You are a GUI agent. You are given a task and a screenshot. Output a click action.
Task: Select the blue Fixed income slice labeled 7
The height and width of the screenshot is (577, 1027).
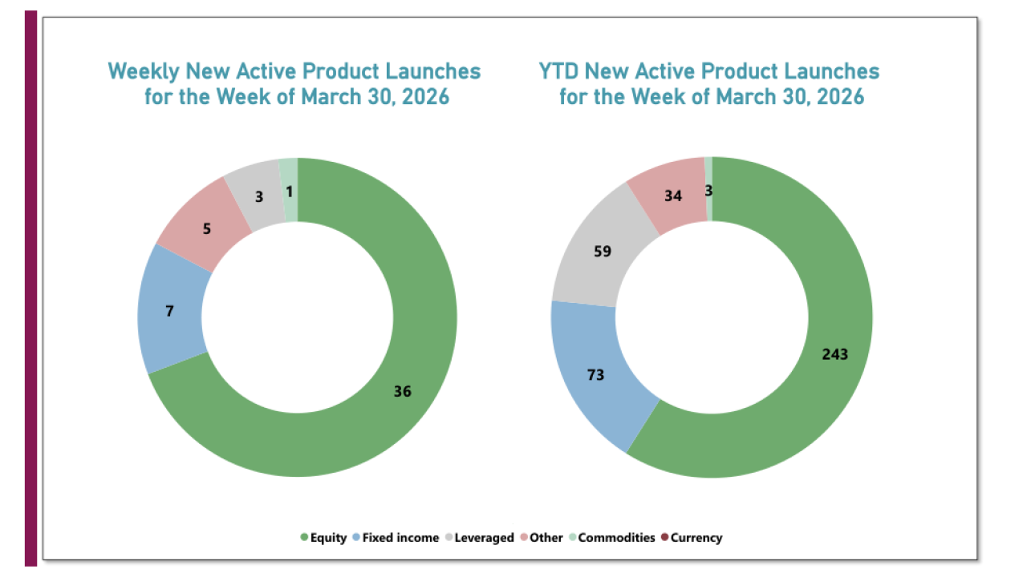[x=170, y=311]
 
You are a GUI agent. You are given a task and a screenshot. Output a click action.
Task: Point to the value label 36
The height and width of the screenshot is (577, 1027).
[x=403, y=391]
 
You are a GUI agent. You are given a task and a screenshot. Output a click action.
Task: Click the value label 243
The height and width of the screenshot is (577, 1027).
[x=834, y=354]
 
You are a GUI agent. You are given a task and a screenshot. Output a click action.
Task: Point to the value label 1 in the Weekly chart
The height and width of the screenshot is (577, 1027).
[x=289, y=191]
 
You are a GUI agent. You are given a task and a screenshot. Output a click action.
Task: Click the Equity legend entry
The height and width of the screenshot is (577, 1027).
[x=323, y=538]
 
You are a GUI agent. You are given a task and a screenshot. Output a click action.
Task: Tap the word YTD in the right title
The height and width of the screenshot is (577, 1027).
[x=558, y=71]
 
